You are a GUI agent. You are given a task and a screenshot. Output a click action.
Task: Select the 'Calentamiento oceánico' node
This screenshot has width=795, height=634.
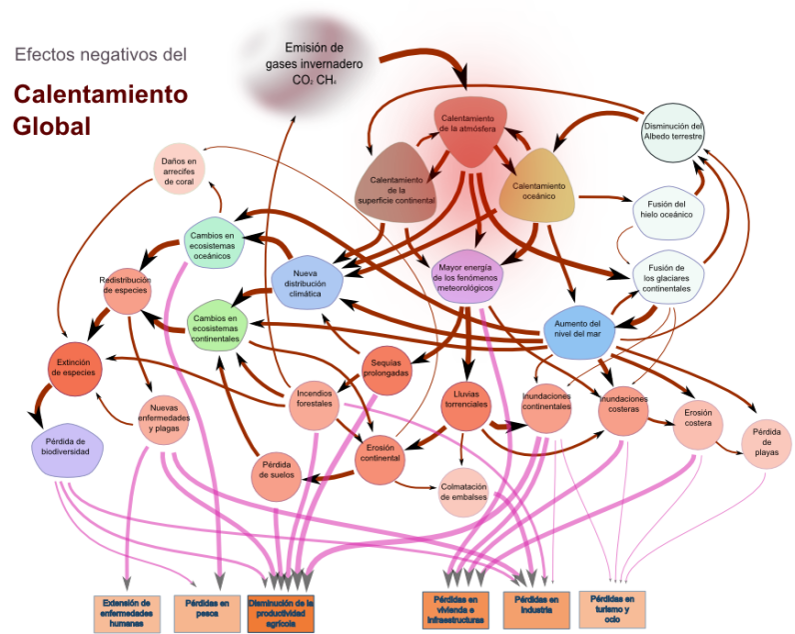pyautogui.click(x=538, y=189)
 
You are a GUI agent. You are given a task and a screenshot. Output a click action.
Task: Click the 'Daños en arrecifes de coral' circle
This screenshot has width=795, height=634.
pyautogui.click(x=179, y=170)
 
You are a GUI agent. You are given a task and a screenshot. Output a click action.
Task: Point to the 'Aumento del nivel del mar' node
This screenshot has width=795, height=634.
pyautogui.click(x=576, y=329)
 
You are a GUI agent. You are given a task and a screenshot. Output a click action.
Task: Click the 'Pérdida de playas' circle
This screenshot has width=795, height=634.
pyautogui.click(x=766, y=444)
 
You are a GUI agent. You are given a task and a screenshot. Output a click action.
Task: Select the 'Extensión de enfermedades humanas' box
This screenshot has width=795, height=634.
pyautogui.click(x=127, y=613)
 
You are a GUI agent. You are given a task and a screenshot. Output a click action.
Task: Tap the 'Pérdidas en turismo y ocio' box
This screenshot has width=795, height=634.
pyautogui.click(x=611, y=609)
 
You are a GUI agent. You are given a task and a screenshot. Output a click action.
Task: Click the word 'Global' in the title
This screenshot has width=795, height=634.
pyautogui.click(x=52, y=127)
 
